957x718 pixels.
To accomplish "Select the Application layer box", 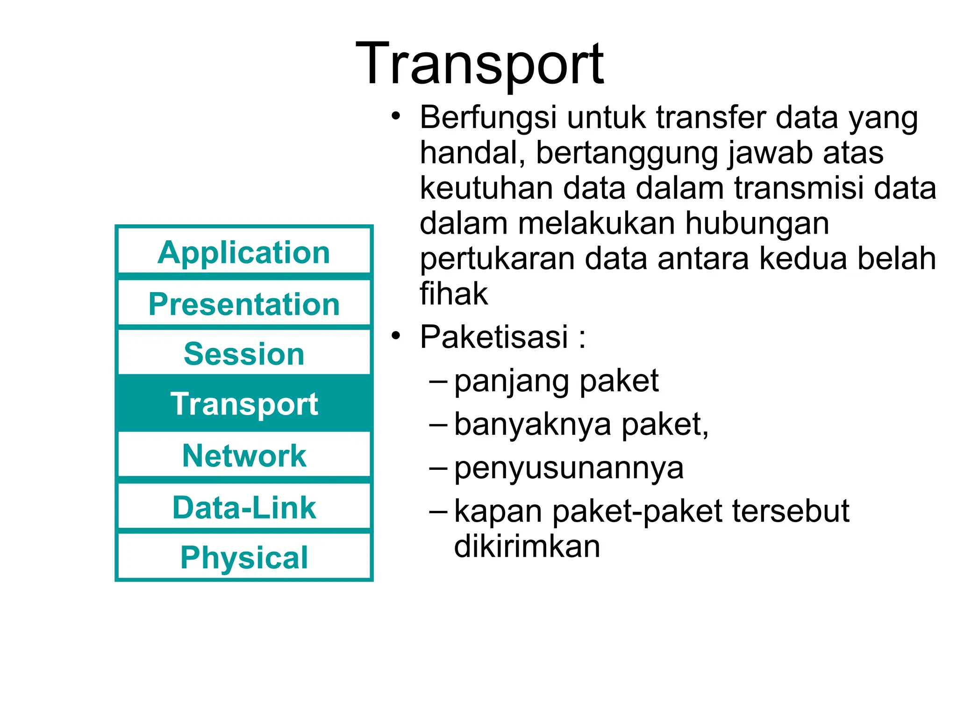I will (x=244, y=252).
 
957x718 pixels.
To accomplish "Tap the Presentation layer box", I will (x=244, y=304).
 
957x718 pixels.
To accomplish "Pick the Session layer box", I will (x=244, y=353).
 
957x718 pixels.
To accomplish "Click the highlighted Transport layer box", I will (x=244, y=403).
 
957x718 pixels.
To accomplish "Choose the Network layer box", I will (x=244, y=455).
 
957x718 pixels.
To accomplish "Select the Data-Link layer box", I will (x=244, y=507).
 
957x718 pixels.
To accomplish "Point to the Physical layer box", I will (x=244, y=557).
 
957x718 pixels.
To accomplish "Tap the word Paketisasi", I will (x=494, y=337).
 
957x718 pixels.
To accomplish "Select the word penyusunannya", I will (x=569, y=468).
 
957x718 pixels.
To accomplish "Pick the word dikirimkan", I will (x=527, y=546).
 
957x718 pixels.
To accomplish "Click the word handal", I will (x=472, y=153).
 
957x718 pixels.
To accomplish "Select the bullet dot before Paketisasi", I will (x=396, y=335).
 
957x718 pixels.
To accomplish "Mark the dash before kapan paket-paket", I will (x=438, y=511).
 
